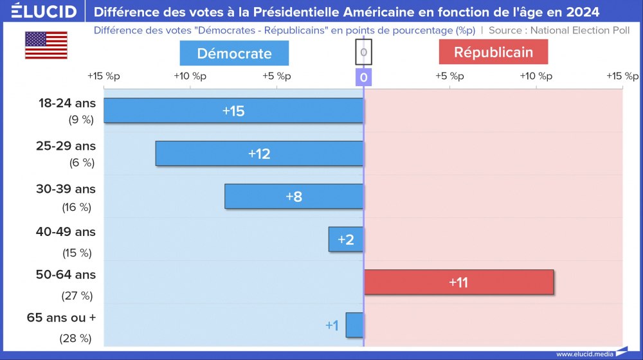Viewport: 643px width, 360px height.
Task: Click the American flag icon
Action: [46, 45]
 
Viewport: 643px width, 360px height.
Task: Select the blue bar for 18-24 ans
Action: [233, 111]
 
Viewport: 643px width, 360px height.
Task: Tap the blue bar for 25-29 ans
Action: [259, 154]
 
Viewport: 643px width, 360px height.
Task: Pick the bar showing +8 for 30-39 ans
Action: [294, 197]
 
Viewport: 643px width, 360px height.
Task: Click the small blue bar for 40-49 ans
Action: [346, 240]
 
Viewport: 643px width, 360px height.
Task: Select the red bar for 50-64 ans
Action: [458, 282]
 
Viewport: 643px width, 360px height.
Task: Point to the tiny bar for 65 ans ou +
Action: [354, 325]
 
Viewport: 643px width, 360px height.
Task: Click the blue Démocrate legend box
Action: [234, 53]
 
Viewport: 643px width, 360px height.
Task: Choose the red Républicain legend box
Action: [493, 52]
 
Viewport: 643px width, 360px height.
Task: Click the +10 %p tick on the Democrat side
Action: [190, 76]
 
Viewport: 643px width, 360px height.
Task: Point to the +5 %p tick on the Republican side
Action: [449, 76]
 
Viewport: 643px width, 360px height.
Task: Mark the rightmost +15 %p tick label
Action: [622, 76]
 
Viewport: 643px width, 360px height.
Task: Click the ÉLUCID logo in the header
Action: [44, 11]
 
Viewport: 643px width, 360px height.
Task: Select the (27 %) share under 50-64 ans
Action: [77, 296]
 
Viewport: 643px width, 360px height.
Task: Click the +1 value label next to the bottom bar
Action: [332, 326]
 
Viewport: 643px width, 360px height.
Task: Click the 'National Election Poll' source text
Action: [580, 30]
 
